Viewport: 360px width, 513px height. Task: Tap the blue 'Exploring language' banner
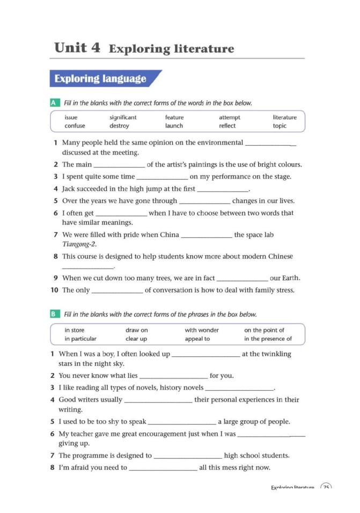101,79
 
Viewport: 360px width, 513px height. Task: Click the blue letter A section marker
54,102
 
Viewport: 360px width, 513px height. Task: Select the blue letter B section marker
54,314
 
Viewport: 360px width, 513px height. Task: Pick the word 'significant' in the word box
123,117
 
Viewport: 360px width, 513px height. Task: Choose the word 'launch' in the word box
174,126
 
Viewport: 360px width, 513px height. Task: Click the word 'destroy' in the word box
119,126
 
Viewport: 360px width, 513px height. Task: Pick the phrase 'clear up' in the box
136,339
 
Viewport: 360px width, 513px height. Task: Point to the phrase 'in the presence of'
268,339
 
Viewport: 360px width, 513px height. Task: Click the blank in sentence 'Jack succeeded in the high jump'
223,189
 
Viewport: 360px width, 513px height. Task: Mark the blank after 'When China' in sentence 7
207,235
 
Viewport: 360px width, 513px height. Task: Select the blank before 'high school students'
188,456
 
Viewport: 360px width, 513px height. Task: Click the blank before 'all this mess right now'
163,468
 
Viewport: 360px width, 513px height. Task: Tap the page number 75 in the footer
326,488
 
